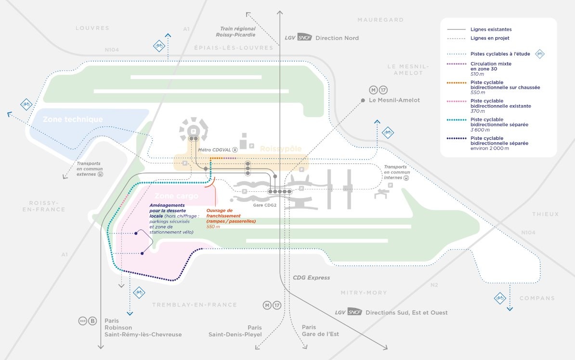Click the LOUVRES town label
click(92, 28)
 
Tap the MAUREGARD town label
click(380, 20)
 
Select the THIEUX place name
click(546, 214)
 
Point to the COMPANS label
click(537, 298)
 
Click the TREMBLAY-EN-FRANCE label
click(195, 305)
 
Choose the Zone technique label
click(73, 120)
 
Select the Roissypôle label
click(281, 149)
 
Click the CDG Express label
click(312, 278)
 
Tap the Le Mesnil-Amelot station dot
click(363, 100)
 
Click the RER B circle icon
click(93, 321)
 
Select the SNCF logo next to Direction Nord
click(304, 38)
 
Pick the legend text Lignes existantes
click(491, 29)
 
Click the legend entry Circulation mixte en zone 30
click(491, 67)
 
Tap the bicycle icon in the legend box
click(540, 54)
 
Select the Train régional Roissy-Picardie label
click(238, 32)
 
